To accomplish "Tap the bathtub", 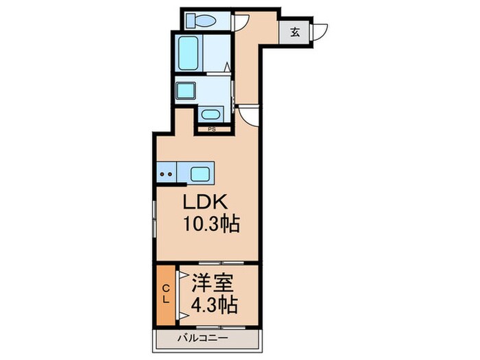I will (189, 51).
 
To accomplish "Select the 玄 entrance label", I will (294, 31).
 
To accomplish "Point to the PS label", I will (212, 128).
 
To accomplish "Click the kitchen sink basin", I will (200, 172).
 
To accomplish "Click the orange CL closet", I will (165, 296).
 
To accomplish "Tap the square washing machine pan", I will (184, 90).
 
